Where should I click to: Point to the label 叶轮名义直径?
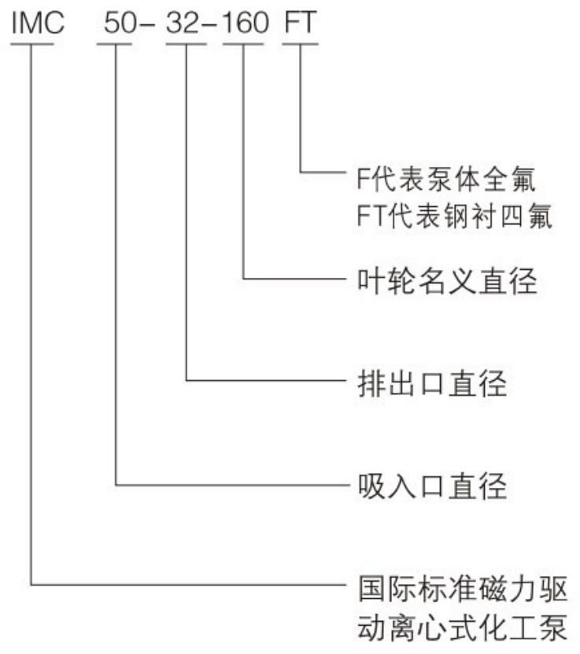[443, 279]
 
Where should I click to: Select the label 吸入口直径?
[427, 486]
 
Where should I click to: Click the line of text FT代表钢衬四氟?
[452, 217]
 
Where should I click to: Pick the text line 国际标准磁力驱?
[460, 586]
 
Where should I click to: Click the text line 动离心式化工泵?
[460, 628]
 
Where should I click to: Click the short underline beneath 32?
[186, 43]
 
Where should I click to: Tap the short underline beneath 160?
[244, 43]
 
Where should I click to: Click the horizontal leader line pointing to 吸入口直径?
[228, 485]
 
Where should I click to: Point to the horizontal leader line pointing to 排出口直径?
[264, 382]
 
